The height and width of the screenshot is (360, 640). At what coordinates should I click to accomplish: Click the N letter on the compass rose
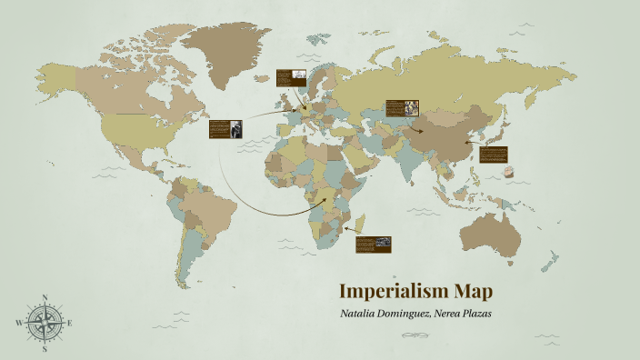(44, 297)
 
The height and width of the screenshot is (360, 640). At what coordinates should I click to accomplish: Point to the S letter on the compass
(44, 348)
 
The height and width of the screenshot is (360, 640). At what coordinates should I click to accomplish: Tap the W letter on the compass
(18, 323)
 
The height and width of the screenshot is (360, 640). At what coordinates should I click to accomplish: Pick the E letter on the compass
(70, 323)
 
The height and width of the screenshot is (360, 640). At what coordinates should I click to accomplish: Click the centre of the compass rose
(44, 323)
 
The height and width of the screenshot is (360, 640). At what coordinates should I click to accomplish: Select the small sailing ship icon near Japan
(508, 172)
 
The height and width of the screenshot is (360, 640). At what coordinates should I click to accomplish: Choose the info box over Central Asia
(401, 109)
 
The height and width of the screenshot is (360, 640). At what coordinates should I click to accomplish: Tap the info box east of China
(494, 155)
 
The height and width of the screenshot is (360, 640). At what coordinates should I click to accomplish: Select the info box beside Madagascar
(373, 244)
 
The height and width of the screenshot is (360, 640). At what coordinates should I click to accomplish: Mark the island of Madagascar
(361, 223)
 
